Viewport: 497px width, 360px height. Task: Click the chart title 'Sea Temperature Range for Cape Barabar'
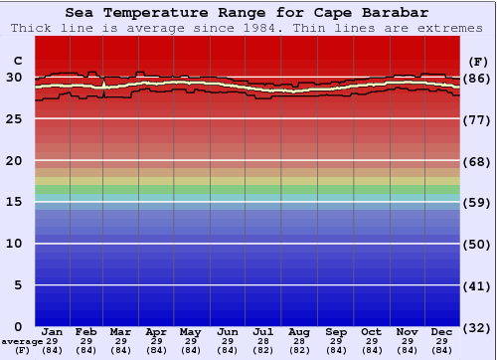coord(248,13)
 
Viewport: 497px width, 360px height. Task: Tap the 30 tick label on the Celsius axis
coord(14,78)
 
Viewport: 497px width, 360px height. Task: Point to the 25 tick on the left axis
coord(14,119)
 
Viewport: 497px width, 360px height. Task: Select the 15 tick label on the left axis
coord(14,202)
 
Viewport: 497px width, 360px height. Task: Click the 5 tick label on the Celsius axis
coord(18,285)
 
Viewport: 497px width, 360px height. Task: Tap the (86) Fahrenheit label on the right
coord(478,78)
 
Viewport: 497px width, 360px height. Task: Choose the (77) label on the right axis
coord(478,119)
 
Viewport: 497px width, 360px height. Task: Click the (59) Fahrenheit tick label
coord(478,202)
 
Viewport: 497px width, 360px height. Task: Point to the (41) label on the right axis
coord(478,285)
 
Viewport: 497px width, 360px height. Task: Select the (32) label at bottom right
coord(478,327)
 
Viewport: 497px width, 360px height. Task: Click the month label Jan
coord(53,331)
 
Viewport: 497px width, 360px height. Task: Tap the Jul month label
coord(263,331)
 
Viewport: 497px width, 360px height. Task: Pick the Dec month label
coord(442,331)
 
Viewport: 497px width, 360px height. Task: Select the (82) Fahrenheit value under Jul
coord(263,349)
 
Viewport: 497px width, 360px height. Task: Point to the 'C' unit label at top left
coord(17,61)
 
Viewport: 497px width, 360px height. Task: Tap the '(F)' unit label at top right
coord(478,61)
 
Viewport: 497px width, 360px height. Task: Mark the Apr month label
coord(156,331)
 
